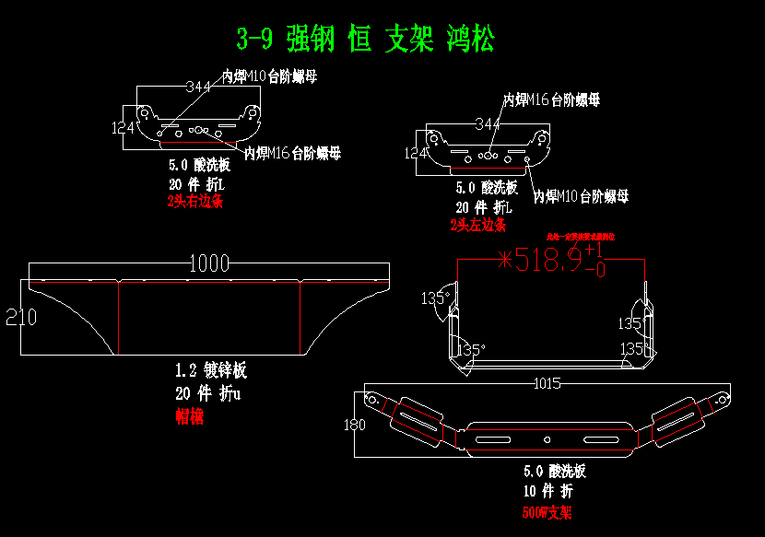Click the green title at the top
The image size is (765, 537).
point(365,40)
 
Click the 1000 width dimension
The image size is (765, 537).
point(209,263)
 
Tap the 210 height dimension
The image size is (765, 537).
point(20,318)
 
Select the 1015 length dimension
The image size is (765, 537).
point(547,383)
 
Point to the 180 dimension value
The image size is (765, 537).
point(354,425)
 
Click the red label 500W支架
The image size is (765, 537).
point(547,512)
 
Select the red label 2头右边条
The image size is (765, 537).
point(194,200)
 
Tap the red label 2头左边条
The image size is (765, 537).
point(477,224)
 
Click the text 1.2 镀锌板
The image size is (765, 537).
point(211,371)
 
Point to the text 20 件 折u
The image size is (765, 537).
point(207,393)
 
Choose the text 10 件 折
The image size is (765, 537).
point(547,491)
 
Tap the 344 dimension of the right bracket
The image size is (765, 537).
point(488,123)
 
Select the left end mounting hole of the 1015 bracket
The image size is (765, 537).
point(372,400)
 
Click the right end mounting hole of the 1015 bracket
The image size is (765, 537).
point(721,400)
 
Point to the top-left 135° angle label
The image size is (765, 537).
point(432,298)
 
